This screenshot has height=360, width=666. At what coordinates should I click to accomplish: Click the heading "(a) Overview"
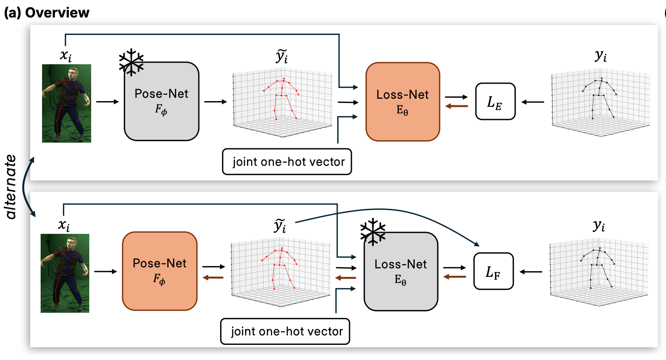46,13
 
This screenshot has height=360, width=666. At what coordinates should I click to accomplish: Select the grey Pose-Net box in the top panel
162,101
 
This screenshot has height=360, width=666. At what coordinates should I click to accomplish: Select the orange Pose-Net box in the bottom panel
160,270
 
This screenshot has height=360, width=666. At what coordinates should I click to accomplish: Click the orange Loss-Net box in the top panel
402,101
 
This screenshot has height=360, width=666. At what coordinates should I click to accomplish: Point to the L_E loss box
495,101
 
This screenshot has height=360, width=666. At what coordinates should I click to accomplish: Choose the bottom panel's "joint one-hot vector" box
286,331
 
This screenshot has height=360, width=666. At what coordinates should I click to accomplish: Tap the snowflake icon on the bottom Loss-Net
373,231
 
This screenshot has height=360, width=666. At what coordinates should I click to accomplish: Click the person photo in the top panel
67,103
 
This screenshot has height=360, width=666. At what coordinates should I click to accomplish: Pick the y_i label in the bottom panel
599,227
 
